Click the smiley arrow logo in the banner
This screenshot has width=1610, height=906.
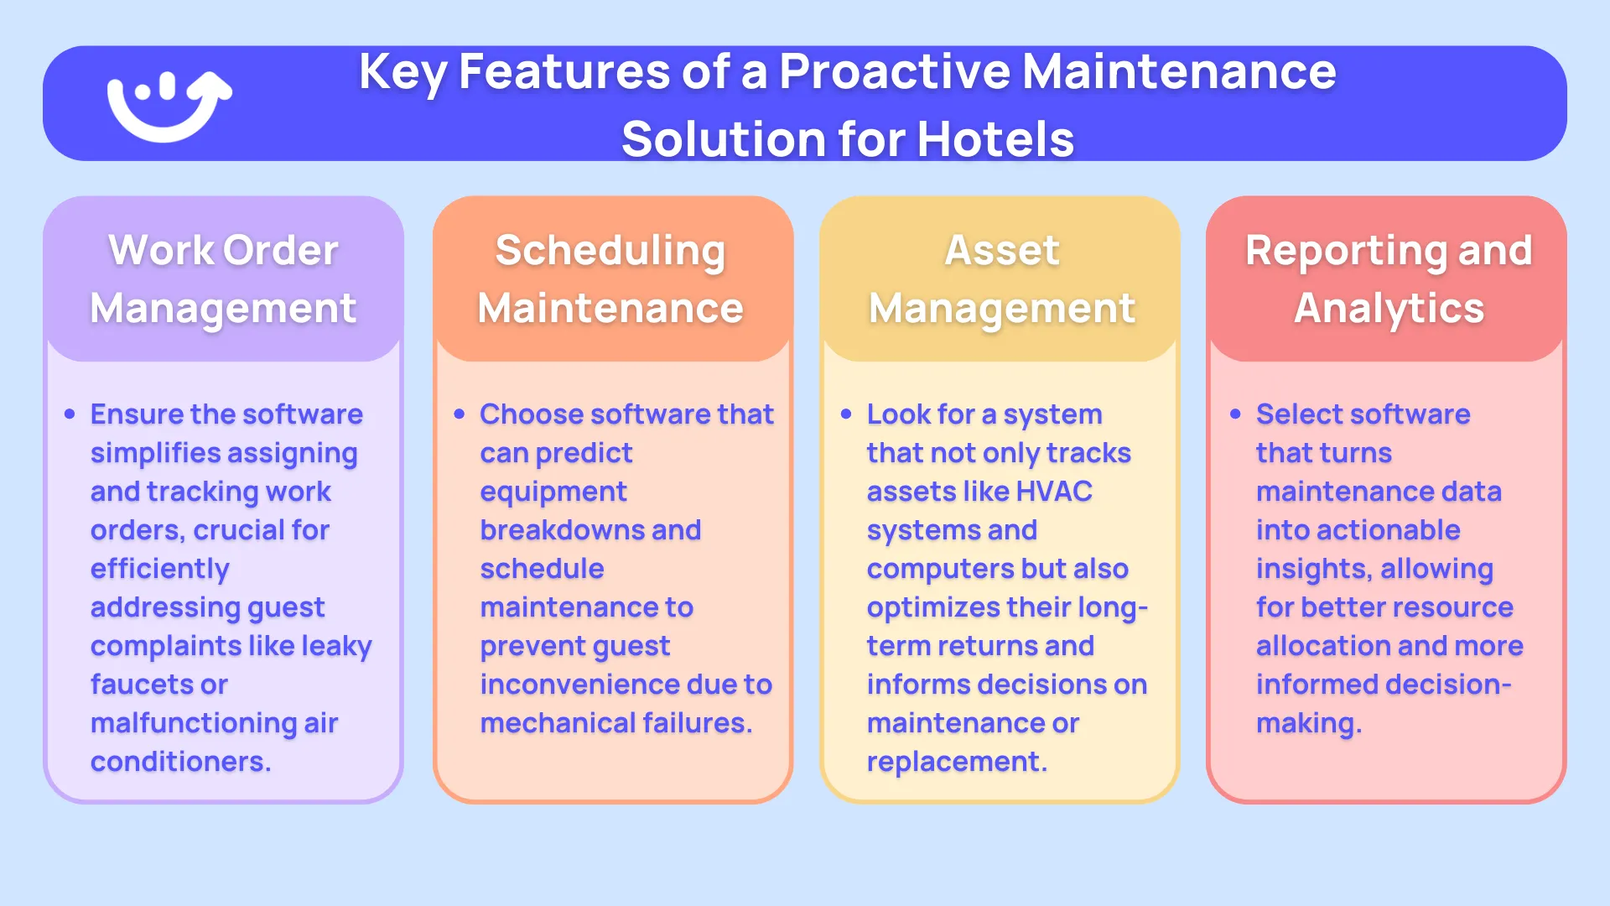tap(168, 104)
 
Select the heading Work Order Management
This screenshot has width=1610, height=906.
tap(223, 279)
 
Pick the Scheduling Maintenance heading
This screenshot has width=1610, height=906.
tap(610, 279)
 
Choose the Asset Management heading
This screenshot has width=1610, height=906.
tap(1001, 279)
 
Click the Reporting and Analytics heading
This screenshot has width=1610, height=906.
tap(1389, 279)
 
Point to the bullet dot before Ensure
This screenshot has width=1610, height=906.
tap(70, 414)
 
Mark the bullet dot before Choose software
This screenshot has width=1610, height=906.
tap(460, 414)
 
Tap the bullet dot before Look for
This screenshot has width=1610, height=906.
tap(846, 414)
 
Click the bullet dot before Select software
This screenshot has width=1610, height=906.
tap(1235, 414)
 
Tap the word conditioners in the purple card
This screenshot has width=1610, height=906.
tap(179, 762)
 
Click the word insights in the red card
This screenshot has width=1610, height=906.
tap(1313, 569)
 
